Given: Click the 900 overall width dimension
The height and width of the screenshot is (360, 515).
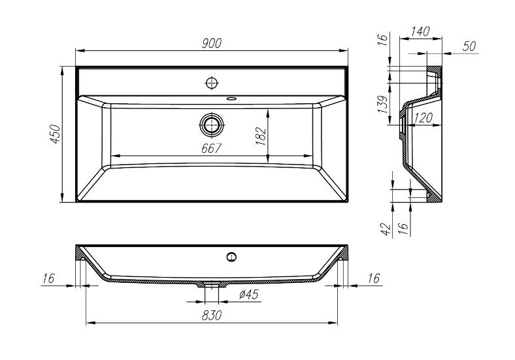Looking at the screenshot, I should tap(211, 43).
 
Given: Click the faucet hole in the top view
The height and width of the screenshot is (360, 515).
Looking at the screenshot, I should tap(211, 83).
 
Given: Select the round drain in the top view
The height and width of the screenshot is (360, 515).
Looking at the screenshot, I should tap(211, 124).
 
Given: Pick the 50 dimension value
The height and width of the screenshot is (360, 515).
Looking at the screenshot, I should tap(469, 46).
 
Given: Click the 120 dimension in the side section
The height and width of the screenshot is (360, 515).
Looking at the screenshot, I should tap(424, 118).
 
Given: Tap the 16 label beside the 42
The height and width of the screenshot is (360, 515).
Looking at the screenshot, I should tap(403, 228).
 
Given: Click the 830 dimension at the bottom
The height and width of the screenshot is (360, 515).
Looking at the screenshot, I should tap(211, 315).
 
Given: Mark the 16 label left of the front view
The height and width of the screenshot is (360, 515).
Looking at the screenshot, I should tap(48, 278).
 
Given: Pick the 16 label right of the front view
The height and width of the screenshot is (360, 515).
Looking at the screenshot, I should tap(373, 278).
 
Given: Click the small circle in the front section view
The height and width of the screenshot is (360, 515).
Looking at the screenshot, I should tap(231, 255).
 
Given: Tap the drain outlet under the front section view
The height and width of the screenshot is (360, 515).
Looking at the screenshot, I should tap(210, 285).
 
